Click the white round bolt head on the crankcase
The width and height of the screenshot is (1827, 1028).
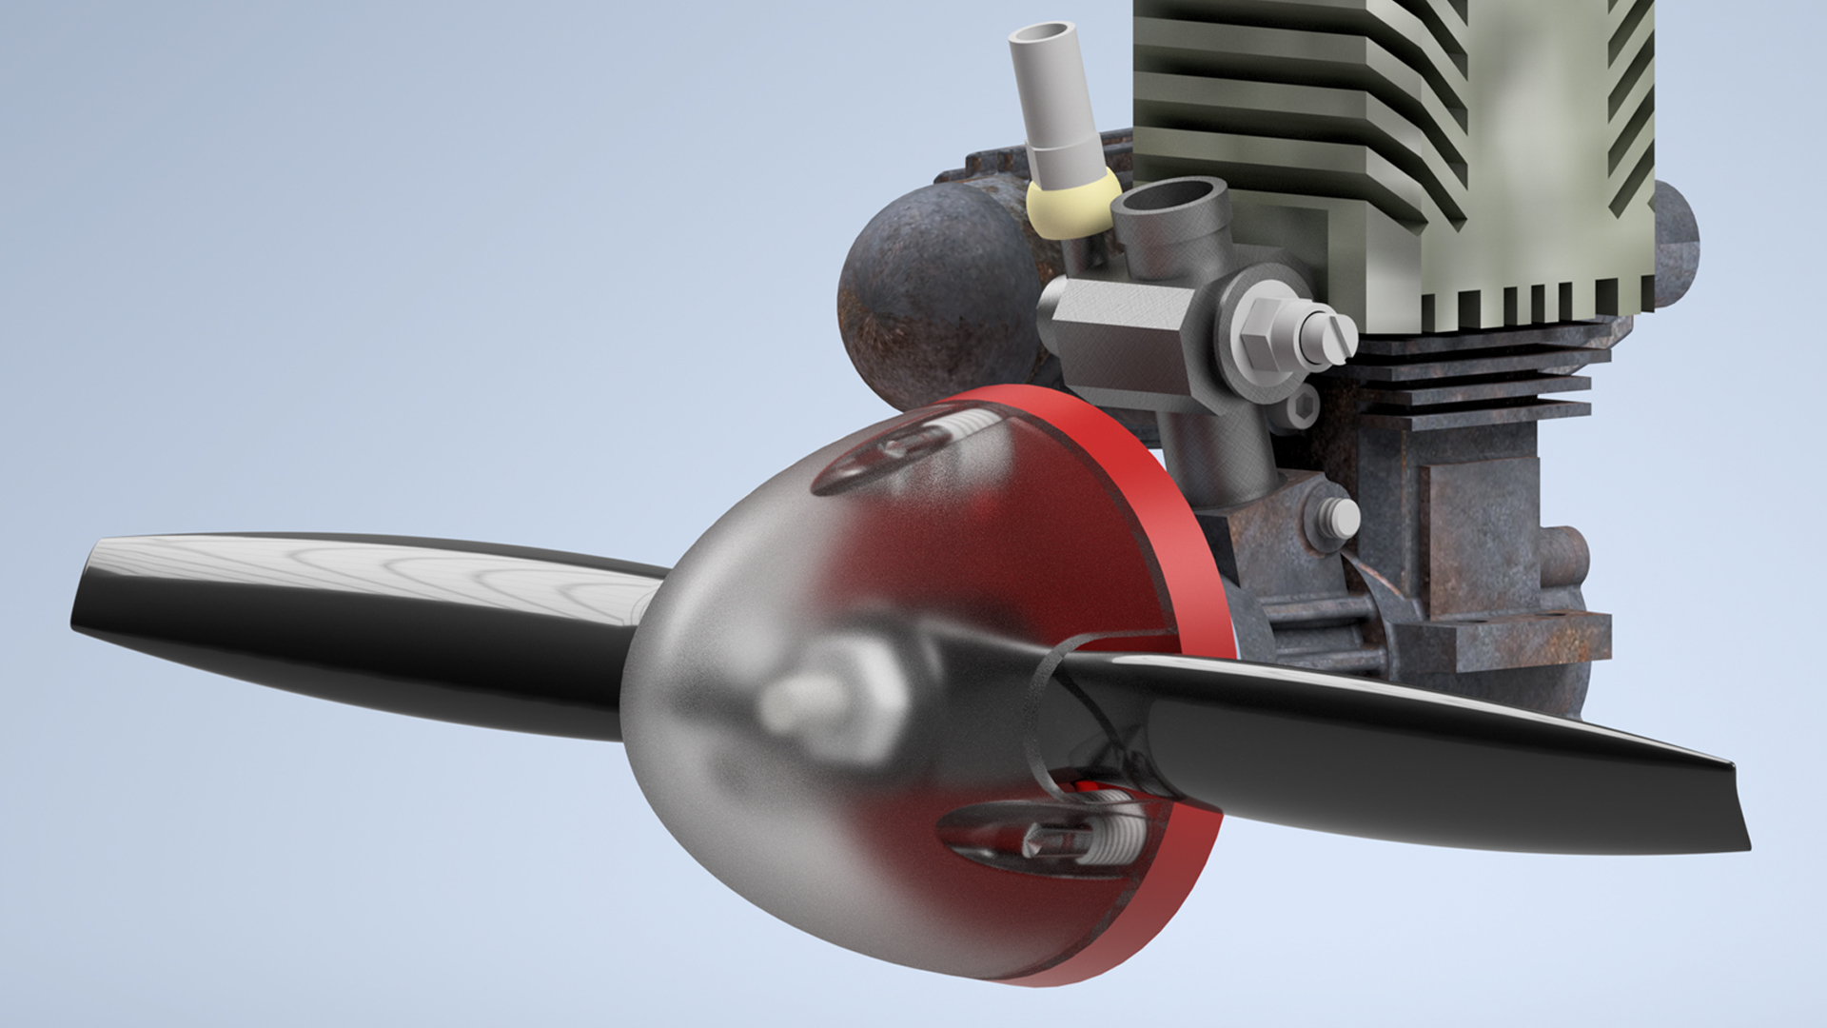pos(1343,517)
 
